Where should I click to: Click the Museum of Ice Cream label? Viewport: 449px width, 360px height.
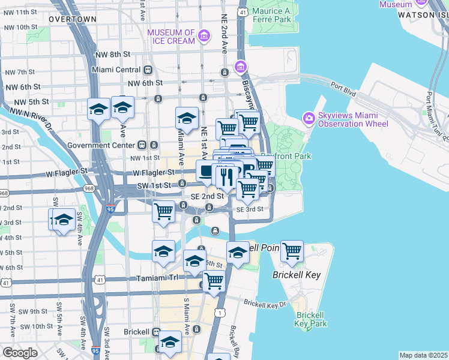pyautogui.click(x=171, y=37)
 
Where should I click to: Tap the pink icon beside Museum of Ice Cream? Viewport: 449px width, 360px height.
pyautogui.click(x=205, y=37)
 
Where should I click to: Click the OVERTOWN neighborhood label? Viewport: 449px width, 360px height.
pyautogui.click(x=73, y=19)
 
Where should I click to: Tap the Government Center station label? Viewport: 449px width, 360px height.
pyautogui.click(x=103, y=145)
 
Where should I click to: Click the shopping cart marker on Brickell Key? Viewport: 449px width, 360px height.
pyautogui.click(x=292, y=251)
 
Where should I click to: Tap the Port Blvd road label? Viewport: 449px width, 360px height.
pyautogui.click(x=343, y=91)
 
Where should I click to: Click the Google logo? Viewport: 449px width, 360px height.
pyautogui.click(x=19, y=353)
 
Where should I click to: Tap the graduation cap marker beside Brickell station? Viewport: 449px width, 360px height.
pyautogui.click(x=170, y=343)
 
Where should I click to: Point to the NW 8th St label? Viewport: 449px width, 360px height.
pyautogui.click(x=113, y=55)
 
